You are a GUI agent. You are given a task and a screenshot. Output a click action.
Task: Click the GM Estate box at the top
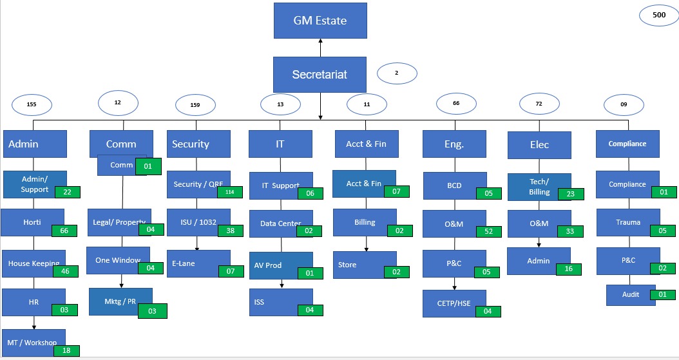click(320, 21)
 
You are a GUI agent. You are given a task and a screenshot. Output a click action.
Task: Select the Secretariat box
click(320, 74)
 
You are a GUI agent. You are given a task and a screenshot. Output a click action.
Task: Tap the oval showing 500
click(659, 15)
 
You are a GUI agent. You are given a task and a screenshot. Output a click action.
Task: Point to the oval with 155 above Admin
click(32, 104)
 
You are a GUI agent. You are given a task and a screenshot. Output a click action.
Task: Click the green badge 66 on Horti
click(64, 230)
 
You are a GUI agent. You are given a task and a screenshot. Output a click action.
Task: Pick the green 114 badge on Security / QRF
click(229, 192)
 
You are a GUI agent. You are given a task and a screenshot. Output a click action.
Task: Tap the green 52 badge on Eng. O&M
click(488, 231)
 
